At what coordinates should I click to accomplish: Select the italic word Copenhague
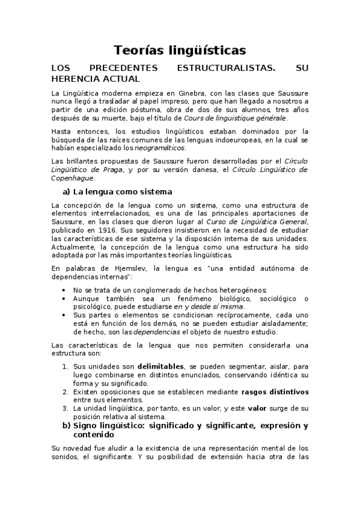pos(72,178)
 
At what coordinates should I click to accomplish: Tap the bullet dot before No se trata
pos(65,290)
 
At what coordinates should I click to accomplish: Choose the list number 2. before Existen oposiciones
pos(66,391)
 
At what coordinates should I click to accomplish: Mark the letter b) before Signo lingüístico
pos(68,426)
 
